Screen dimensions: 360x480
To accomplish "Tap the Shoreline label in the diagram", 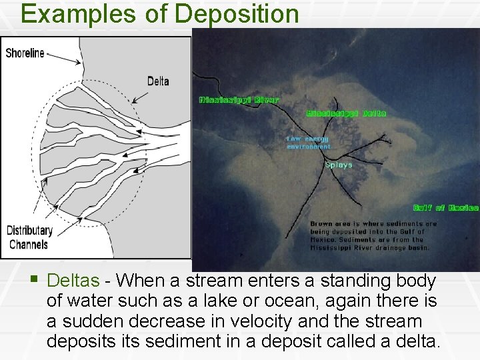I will (25, 53).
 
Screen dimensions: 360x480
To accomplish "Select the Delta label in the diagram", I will (158, 81).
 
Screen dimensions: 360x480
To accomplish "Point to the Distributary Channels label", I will (29, 237).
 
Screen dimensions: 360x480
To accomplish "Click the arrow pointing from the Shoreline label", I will (64, 59).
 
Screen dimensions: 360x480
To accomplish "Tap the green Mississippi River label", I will (239, 100).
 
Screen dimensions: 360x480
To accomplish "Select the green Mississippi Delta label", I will (346, 113).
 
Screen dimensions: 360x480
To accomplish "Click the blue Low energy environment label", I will (308, 143).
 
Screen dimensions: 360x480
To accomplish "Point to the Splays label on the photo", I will (339, 165).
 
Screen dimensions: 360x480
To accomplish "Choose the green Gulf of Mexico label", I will (445, 208).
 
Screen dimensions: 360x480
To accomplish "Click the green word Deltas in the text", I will (73, 280).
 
